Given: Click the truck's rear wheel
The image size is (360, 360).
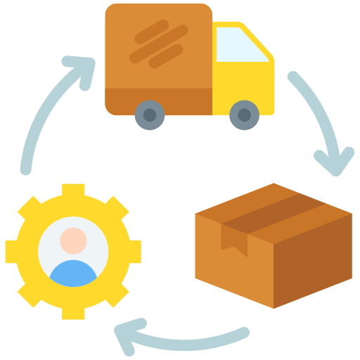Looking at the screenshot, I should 150,115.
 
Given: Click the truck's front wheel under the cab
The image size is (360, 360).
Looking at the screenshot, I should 244,115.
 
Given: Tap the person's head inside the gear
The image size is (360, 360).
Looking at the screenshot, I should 73,240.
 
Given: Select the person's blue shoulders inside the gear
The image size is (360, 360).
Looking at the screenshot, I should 73,274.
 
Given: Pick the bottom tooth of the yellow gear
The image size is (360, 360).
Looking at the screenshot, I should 73,311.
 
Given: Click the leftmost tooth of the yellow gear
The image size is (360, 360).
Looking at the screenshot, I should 13,251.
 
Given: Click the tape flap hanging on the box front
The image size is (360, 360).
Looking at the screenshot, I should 235,239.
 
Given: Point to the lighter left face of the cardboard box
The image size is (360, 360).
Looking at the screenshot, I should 232,271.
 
